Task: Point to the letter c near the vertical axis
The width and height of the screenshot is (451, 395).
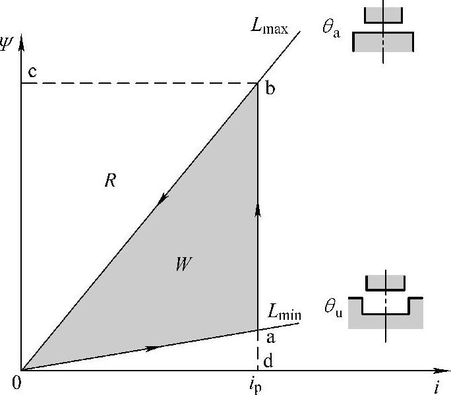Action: pos(32,71)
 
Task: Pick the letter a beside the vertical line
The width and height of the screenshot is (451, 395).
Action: pos(270,338)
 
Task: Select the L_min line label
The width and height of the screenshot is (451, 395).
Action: pos(285,312)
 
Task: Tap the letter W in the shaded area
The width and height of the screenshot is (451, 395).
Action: pos(183,264)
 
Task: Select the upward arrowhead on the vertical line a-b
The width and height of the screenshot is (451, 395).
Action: pos(258,210)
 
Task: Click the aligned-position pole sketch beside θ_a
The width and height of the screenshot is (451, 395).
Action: pos(382,32)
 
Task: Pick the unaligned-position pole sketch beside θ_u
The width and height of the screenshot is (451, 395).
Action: pos(385,303)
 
